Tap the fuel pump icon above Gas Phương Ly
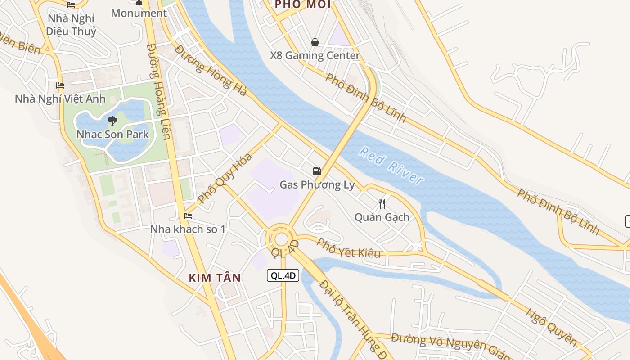click(317, 171)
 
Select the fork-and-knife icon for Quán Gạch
click(382, 204)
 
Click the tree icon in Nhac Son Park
click(112, 121)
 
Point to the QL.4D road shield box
click(283, 275)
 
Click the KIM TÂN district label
click(215, 278)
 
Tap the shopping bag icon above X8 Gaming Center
click(315, 42)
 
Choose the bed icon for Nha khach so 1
click(188, 216)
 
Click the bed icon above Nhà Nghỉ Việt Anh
click(60, 85)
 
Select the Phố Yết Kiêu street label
click(348, 248)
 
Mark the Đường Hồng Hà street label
click(211, 70)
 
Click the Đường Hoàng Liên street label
click(159, 91)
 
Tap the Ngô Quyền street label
click(551, 327)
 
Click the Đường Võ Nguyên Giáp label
click(450, 346)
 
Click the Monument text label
click(139, 13)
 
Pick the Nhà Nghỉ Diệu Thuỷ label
click(71, 25)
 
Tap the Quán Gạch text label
click(382, 217)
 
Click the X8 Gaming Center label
click(315, 56)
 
